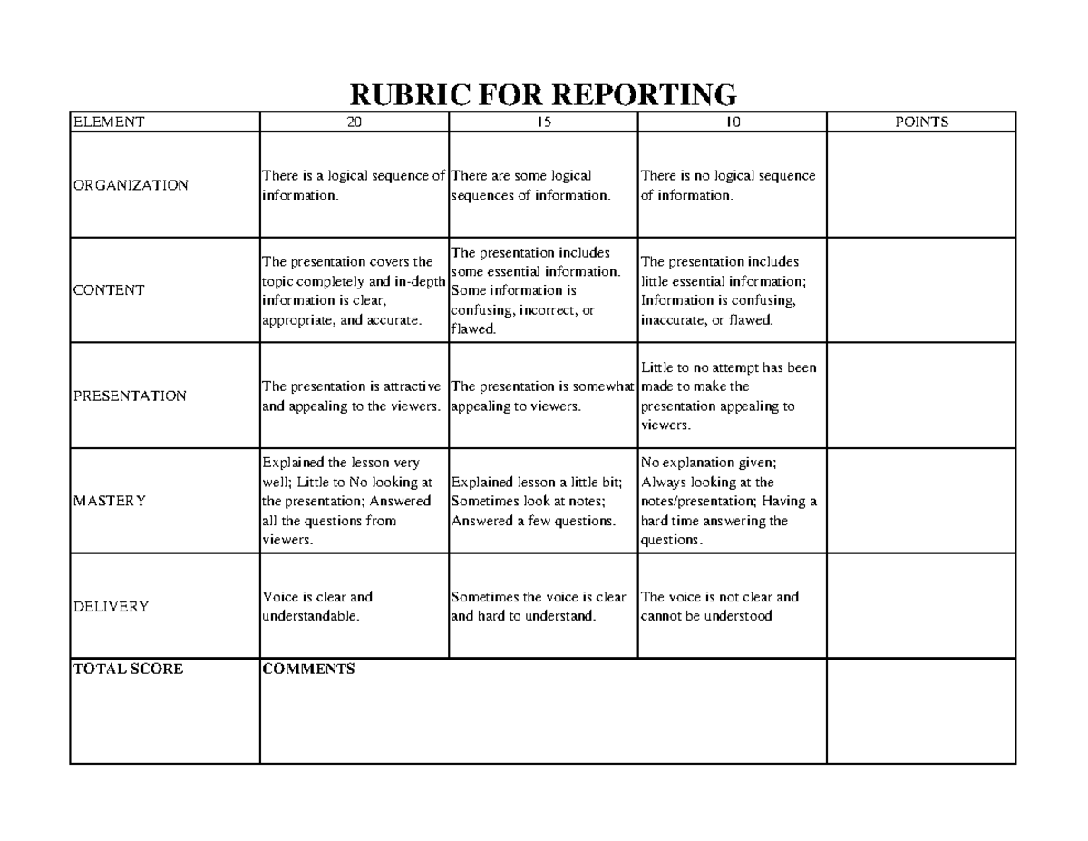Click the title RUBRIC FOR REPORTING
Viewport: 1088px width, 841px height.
tap(543, 94)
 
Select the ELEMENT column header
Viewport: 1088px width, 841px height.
tap(108, 122)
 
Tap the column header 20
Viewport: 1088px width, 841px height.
tap(354, 122)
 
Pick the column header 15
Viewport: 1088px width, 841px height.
tap(543, 122)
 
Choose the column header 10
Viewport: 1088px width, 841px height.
tap(732, 122)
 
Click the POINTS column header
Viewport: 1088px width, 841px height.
tap(921, 122)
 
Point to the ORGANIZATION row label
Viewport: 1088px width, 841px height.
tap(131, 185)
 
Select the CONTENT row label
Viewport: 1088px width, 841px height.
tap(109, 290)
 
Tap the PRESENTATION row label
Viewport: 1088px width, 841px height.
tap(130, 396)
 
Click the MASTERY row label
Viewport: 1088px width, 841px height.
tap(109, 501)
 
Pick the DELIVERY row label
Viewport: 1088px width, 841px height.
tap(111, 606)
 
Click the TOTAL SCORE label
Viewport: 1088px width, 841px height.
tap(128, 670)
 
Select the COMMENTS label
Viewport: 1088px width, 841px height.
tap(308, 670)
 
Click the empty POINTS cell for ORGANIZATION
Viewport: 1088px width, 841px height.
tap(921, 185)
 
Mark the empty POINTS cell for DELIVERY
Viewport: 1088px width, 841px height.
tap(921, 606)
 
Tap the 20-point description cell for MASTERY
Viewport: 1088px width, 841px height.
tap(354, 501)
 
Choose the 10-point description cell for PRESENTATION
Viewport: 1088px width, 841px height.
tap(732, 396)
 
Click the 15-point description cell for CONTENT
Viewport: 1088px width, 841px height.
tap(543, 290)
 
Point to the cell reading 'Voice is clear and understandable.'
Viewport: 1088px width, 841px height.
tap(354, 606)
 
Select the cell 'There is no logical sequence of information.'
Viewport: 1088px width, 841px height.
tap(732, 185)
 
